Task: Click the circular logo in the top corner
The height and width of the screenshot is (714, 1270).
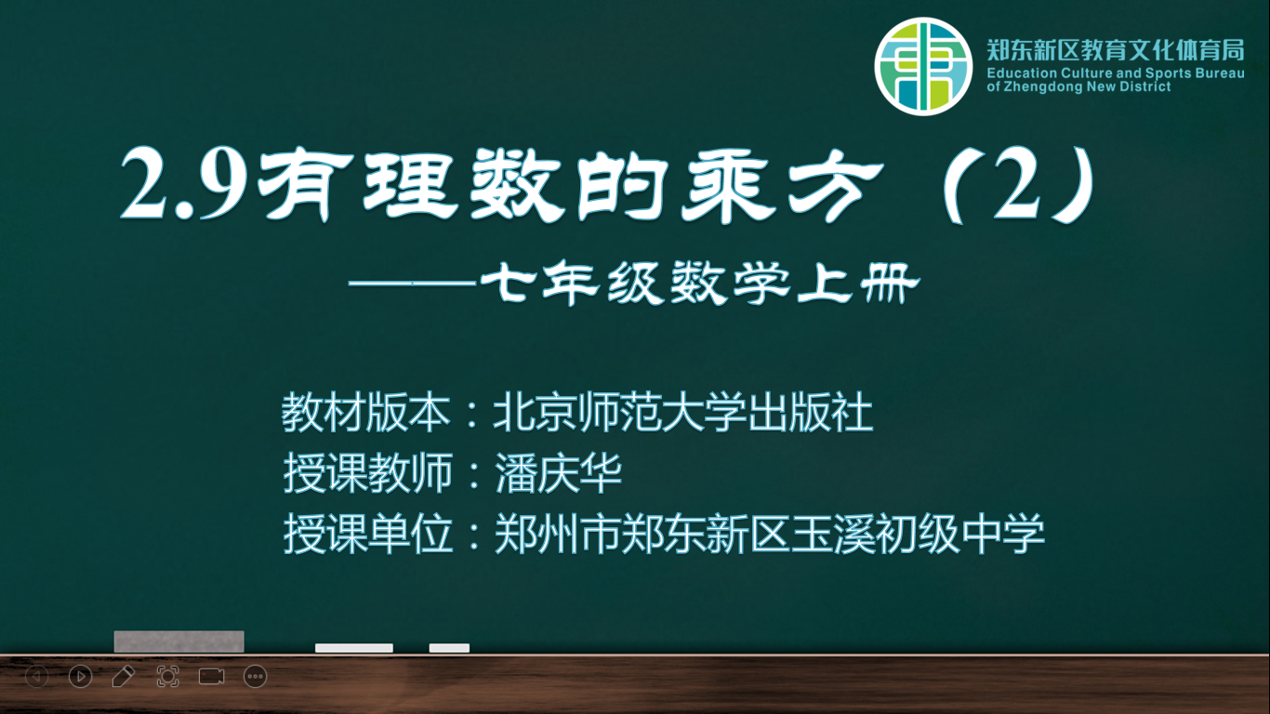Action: tap(923, 66)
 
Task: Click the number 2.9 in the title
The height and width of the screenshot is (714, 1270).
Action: tap(185, 185)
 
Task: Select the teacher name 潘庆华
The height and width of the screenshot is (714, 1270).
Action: tap(559, 473)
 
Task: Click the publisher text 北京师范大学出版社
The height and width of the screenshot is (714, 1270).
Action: tap(683, 412)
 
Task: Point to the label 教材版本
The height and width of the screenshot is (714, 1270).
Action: tap(366, 412)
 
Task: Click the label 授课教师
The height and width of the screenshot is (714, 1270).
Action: tap(367, 473)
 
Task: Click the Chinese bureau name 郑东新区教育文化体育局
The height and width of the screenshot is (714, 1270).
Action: tap(1116, 50)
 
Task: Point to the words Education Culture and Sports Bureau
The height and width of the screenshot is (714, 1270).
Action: tap(1116, 73)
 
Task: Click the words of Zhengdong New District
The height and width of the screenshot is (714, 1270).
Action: tap(1078, 86)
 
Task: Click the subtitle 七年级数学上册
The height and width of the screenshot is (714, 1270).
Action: tap(700, 283)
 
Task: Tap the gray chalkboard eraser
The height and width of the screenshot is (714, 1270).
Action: tap(179, 641)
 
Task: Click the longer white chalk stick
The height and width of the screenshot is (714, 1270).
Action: tap(354, 648)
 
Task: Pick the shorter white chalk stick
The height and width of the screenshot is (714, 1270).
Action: tap(449, 648)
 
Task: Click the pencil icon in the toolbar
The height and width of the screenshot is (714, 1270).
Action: tap(123, 676)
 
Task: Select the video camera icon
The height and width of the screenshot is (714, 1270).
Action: tap(211, 676)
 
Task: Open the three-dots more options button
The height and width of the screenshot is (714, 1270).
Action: tap(255, 676)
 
